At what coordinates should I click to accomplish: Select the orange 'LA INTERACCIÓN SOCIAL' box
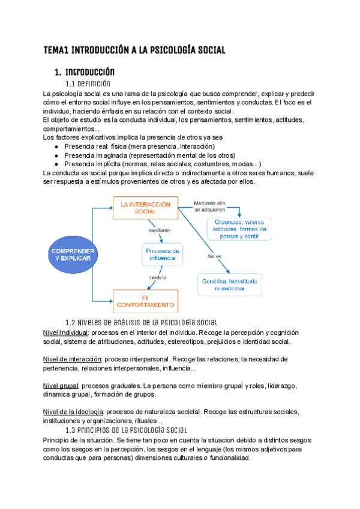pos(145,208)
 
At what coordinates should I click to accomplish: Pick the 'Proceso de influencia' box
pos(163,254)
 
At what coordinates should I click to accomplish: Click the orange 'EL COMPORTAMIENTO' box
pos(145,301)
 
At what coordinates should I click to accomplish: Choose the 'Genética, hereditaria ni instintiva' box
pos(229,285)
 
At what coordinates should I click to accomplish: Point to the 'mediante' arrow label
pos(159,230)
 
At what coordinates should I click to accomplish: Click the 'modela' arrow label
pos(157,277)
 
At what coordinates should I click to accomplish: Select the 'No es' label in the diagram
pos(214,258)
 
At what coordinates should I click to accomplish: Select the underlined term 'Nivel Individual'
pos(66,333)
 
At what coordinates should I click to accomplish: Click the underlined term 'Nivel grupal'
pos(61,385)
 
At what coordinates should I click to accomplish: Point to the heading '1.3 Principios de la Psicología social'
pos(126,430)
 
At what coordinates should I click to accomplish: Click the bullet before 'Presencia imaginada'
pos(56,155)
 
